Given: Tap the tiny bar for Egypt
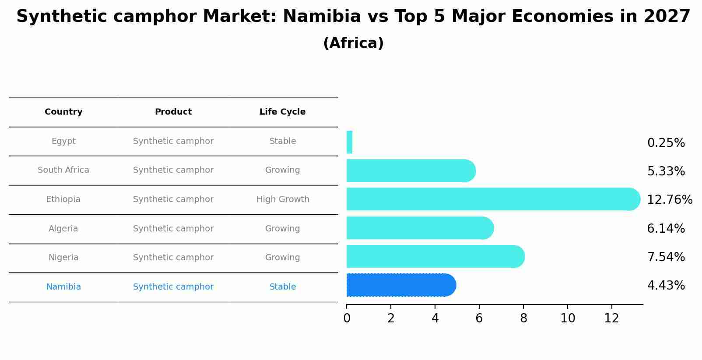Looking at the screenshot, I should [x=349, y=142].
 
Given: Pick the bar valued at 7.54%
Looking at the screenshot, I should [x=433, y=256].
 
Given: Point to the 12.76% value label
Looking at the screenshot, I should [x=669, y=200].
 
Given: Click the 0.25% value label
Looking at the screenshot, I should [x=666, y=143].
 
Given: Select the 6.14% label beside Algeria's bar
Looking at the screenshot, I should [x=666, y=229].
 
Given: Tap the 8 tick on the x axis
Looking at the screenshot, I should [x=523, y=318].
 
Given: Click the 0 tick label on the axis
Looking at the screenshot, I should [x=347, y=318].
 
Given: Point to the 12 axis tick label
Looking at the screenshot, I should [x=611, y=318].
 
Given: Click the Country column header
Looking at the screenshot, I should [x=63, y=112].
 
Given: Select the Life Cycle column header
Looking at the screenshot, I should [x=282, y=112].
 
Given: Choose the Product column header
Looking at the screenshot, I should [x=173, y=112].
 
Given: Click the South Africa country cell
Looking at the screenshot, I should [x=63, y=170].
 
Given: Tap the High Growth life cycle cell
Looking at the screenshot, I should [x=283, y=199].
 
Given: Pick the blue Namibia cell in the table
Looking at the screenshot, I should [x=63, y=287].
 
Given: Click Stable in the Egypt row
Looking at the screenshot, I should [x=283, y=141].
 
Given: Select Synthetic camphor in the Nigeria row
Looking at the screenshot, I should [x=173, y=258].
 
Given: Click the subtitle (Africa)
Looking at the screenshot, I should [x=353, y=43].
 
